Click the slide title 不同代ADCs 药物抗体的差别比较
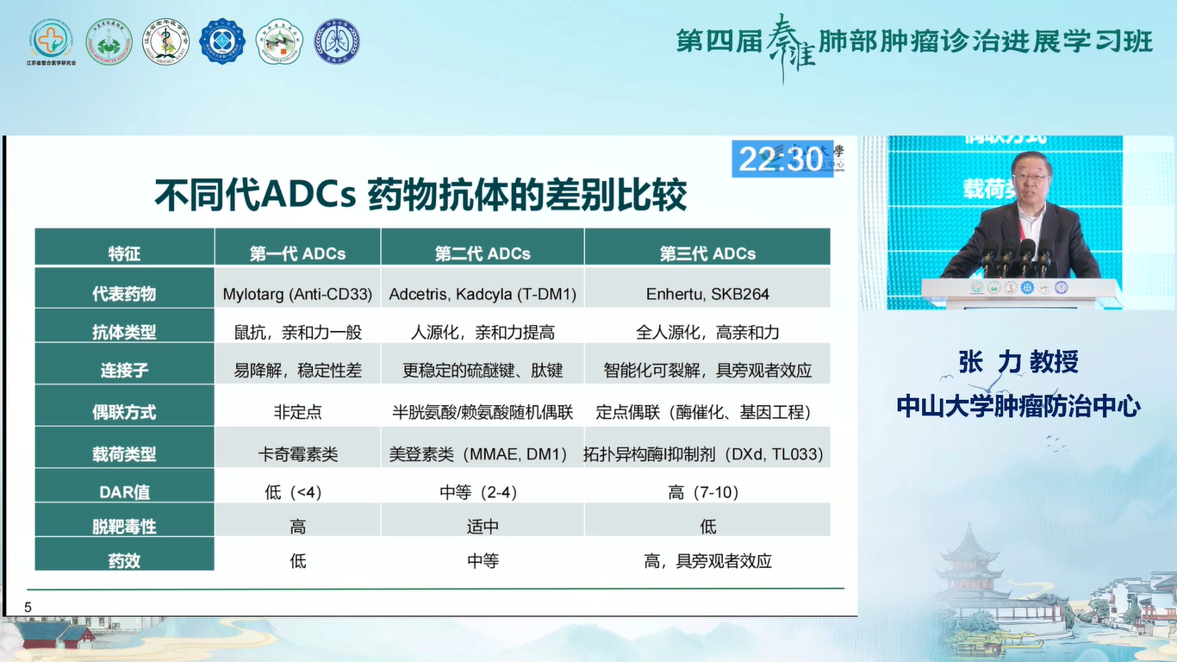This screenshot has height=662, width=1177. pyautogui.click(x=420, y=196)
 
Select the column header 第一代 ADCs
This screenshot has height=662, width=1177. pyautogui.click(x=297, y=253)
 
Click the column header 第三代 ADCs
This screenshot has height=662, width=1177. pyautogui.click(x=707, y=253)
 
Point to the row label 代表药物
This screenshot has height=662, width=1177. pyautogui.click(x=124, y=294)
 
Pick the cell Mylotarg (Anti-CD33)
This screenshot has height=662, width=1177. pyautogui.click(x=297, y=294)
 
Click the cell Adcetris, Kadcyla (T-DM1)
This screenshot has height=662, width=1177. pyautogui.click(x=483, y=294)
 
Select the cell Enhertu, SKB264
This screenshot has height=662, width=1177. pyautogui.click(x=707, y=294)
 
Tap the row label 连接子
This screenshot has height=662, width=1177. pyautogui.click(x=124, y=371)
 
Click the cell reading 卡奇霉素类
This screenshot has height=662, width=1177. pyautogui.click(x=297, y=453)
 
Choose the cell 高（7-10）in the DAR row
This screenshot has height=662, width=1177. pyautogui.click(x=707, y=492)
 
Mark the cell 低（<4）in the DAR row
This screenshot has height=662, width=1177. pyautogui.click(x=297, y=492)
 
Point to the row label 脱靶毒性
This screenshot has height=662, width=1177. pyautogui.click(x=124, y=527)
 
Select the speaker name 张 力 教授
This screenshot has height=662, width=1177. pyautogui.click(x=1018, y=362)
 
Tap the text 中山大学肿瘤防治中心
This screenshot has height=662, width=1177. pyautogui.click(x=1018, y=406)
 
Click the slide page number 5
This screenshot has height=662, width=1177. pyautogui.click(x=28, y=608)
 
